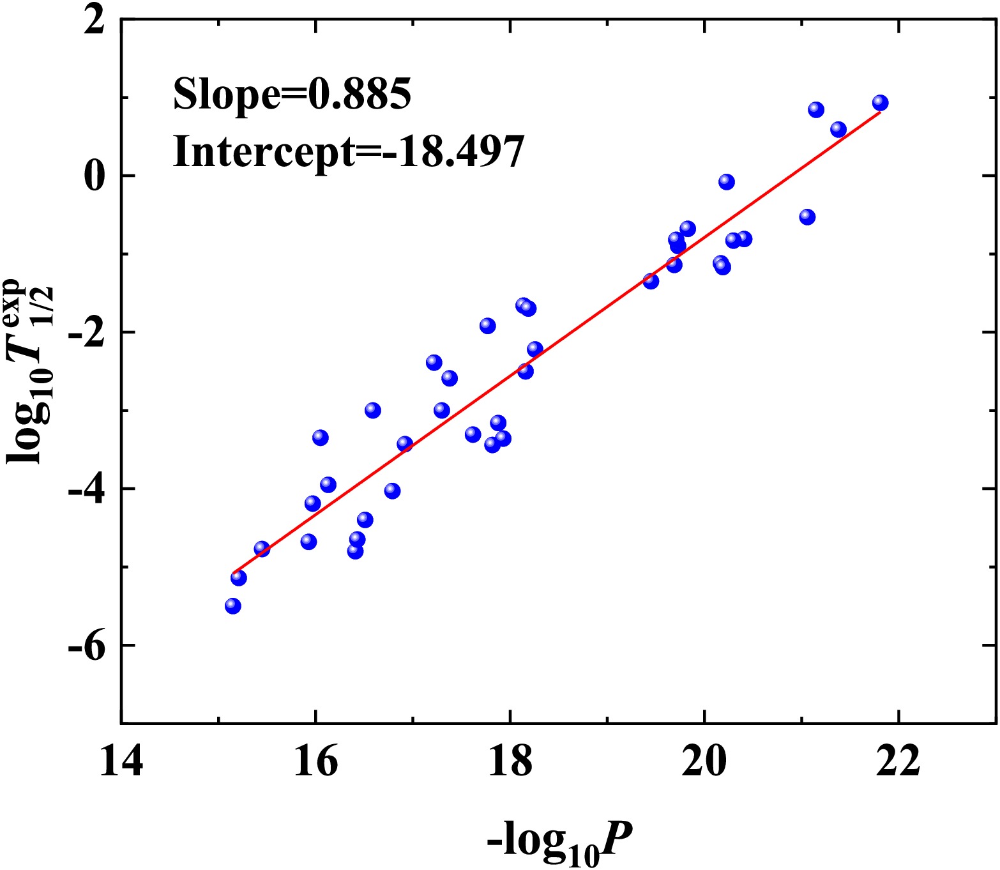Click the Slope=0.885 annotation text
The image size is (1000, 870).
[292, 95]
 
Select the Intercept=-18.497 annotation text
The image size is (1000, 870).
[349, 152]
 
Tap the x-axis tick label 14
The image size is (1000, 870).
[121, 762]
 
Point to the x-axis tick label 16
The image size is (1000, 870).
[315, 762]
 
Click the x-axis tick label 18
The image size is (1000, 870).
[510, 762]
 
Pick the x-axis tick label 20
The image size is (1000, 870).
[704, 762]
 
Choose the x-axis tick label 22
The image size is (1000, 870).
[898, 762]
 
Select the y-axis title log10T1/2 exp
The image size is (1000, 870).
[30, 370]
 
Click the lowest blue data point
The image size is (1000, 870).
[233, 606]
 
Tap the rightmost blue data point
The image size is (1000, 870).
[881, 103]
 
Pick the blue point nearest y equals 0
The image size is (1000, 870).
[727, 182]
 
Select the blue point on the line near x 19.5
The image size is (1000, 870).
[651, 281]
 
